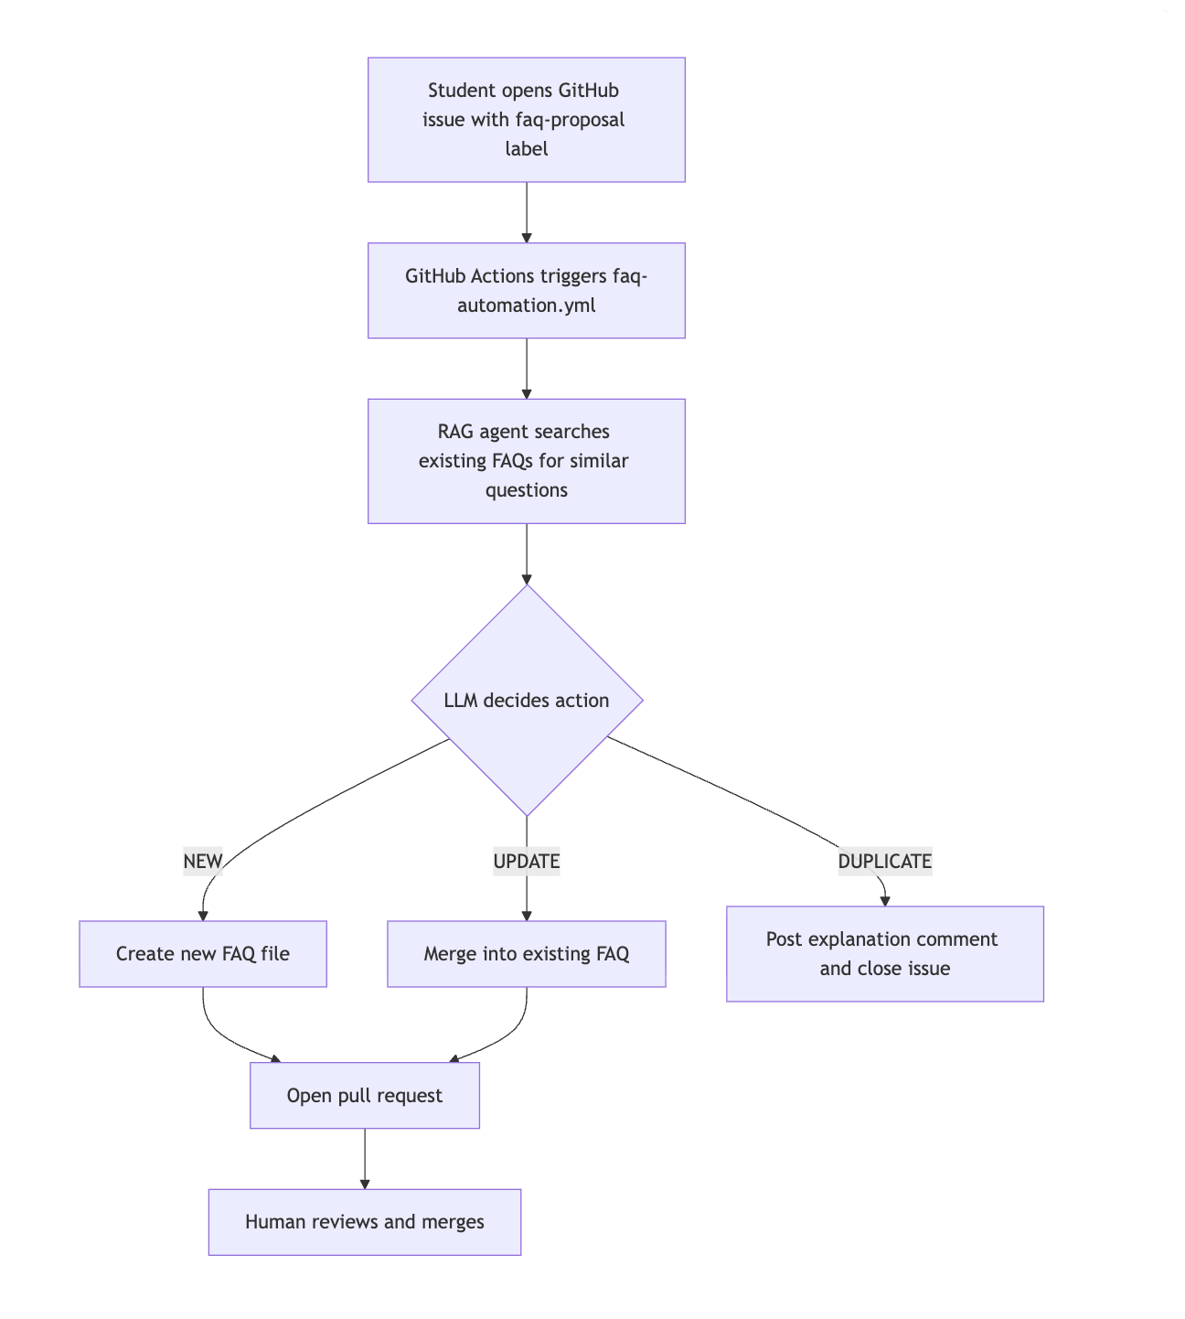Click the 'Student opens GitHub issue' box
526,120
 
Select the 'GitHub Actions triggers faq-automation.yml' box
526,291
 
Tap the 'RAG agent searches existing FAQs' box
526,461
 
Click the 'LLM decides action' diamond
527,701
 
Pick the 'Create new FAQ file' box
203,954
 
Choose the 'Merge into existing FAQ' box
526,954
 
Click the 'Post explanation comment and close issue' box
884,954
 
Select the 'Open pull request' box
364,1096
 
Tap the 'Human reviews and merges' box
364,1222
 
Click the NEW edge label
203,862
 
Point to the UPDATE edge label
526,862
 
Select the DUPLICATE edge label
884,862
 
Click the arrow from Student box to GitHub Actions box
526,212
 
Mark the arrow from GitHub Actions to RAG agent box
526,369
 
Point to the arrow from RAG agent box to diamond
526,554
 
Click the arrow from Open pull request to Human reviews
364,1159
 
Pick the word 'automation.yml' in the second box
526,306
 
